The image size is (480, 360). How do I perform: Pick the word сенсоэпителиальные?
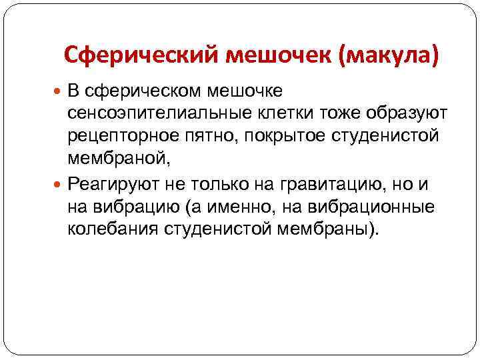tap(154, 113)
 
